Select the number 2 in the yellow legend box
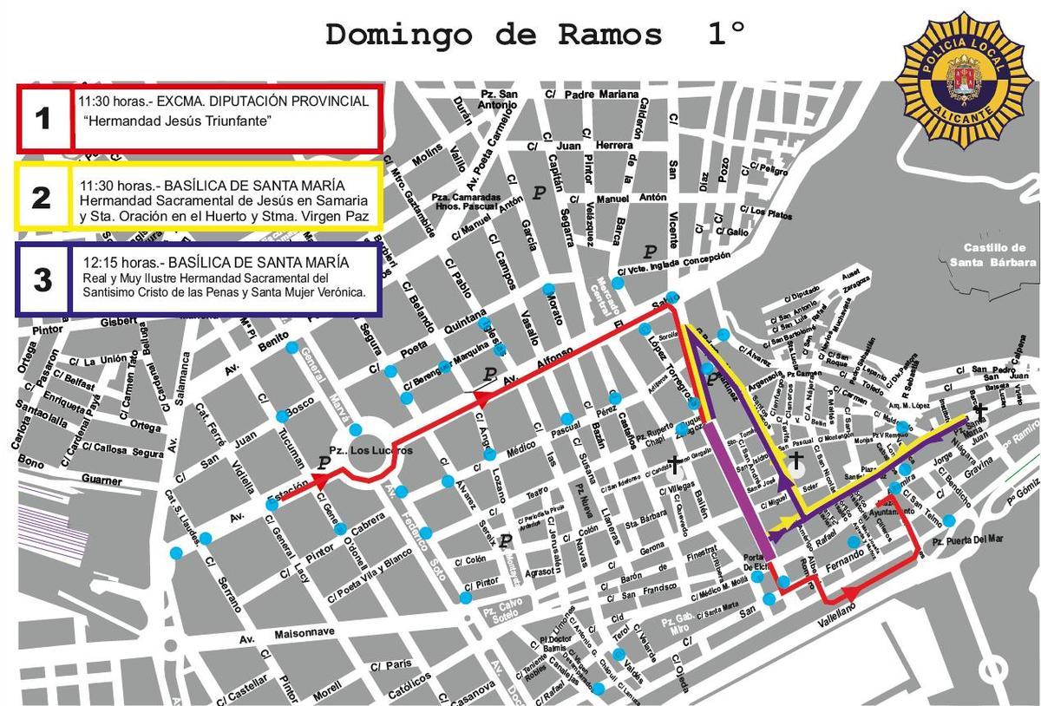click(41, 198)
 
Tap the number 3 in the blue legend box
click(42, 279)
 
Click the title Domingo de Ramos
click(494, 35)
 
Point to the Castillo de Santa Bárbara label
click(992, 255)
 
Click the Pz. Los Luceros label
click(364, 452)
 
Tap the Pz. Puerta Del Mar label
click(967, 539)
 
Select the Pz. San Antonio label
click(498, 99)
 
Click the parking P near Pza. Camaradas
click(539, 193)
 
